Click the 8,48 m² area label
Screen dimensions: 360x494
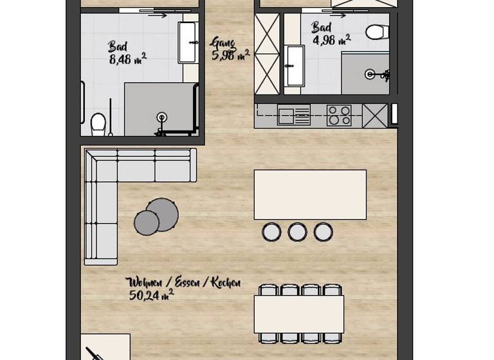coord(127,60)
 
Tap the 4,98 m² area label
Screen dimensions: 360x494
coord(331,40)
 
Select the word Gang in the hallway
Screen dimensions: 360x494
coord(223,43)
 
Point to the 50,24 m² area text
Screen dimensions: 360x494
coord(151,295)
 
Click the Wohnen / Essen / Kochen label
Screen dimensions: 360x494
coord(184,282)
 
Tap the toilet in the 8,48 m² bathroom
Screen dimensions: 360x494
coord(98,123)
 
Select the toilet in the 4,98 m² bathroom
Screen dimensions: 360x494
coord(377,32)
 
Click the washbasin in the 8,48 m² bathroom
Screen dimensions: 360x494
coord(187,42)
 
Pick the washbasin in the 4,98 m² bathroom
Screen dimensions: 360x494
coord(295,66)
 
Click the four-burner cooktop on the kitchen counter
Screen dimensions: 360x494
coord(339,116)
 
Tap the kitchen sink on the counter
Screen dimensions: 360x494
coord(294,116)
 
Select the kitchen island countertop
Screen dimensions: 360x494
coord(310,195)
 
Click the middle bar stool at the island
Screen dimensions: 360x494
coord(297,231)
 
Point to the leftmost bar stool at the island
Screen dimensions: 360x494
coord(271,231)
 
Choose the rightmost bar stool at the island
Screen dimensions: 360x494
coord(323,231)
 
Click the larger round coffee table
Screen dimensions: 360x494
coord(163,214)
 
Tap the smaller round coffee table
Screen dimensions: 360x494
coord(147,223)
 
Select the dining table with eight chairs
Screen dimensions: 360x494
coord(298,314)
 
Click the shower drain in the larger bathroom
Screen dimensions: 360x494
coord(161,118)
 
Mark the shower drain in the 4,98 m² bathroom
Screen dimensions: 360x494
coord(370,75)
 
